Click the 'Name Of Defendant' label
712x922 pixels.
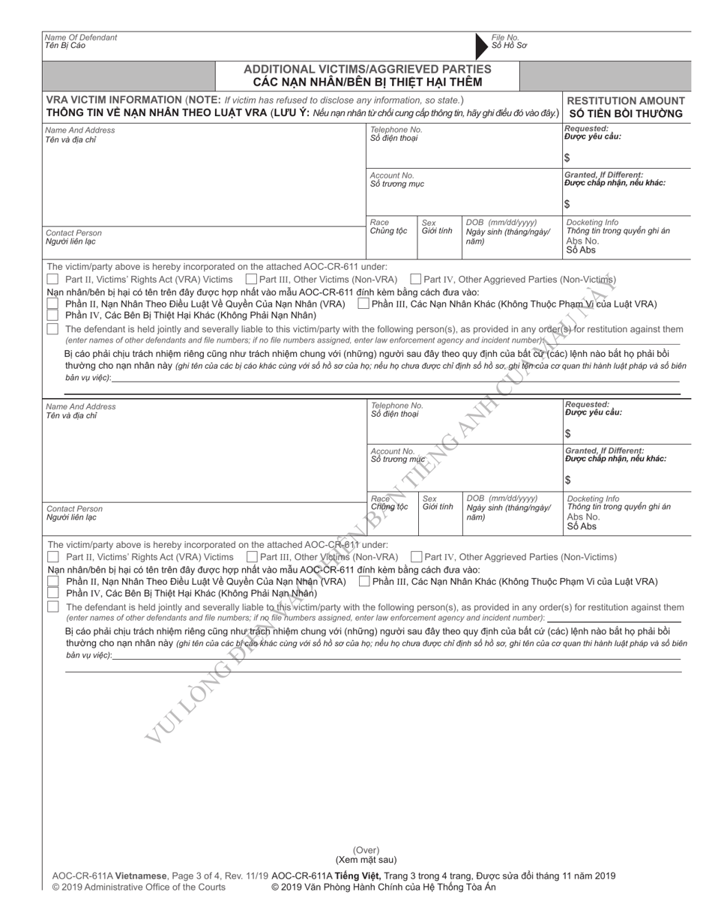(x=81, y=37)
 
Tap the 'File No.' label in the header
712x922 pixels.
(x=505, y=37)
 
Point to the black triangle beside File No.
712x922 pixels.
(x=480, y=46)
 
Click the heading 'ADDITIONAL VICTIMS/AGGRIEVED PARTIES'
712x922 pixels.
(x=367, y=69)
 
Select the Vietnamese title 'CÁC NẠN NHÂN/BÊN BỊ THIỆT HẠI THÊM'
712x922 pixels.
(x=367, y=82)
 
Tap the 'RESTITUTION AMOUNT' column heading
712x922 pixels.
(x=626, y=100)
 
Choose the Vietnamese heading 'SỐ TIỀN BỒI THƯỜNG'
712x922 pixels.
(x=626, y=114)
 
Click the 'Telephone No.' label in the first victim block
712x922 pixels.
(x=396, y=130)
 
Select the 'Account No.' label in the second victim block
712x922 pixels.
(x=393, y=451)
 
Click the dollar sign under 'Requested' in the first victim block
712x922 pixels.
(x=567, y=157)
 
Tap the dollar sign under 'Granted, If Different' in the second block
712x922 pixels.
(x=567, y=480)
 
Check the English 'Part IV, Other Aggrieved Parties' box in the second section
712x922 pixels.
(x=416, y=557)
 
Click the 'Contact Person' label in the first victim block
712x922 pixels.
(x=73, y=233)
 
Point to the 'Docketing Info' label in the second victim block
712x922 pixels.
(x=593, y=498)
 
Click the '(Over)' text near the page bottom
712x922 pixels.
(x=366, y=849)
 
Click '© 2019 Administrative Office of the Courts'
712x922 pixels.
(x=139, y=888)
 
